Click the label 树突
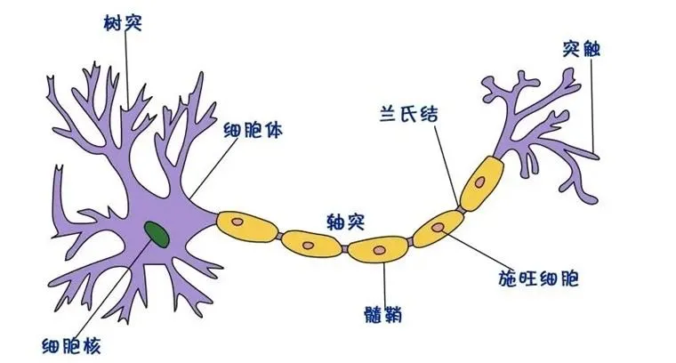click(123, 23)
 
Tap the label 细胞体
click(253, 129)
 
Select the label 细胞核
click(71, 346)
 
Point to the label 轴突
click(346, 222)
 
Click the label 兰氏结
click(408, 114)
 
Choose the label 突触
click(581, 49)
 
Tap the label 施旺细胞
click(538, 278)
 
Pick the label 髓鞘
click(382, 314)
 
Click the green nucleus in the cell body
click(157, 235)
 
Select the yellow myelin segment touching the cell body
click(247, 226)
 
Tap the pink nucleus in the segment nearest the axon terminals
click(479, 181)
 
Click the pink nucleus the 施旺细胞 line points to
click(438, 227)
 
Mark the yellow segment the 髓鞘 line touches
click(378, 249)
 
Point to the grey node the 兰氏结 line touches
click(461, 210)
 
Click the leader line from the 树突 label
click(127, 69)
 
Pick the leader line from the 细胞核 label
click(120, 286)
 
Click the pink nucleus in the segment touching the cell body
click(237, 222)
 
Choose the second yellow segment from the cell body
click(312, 244)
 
